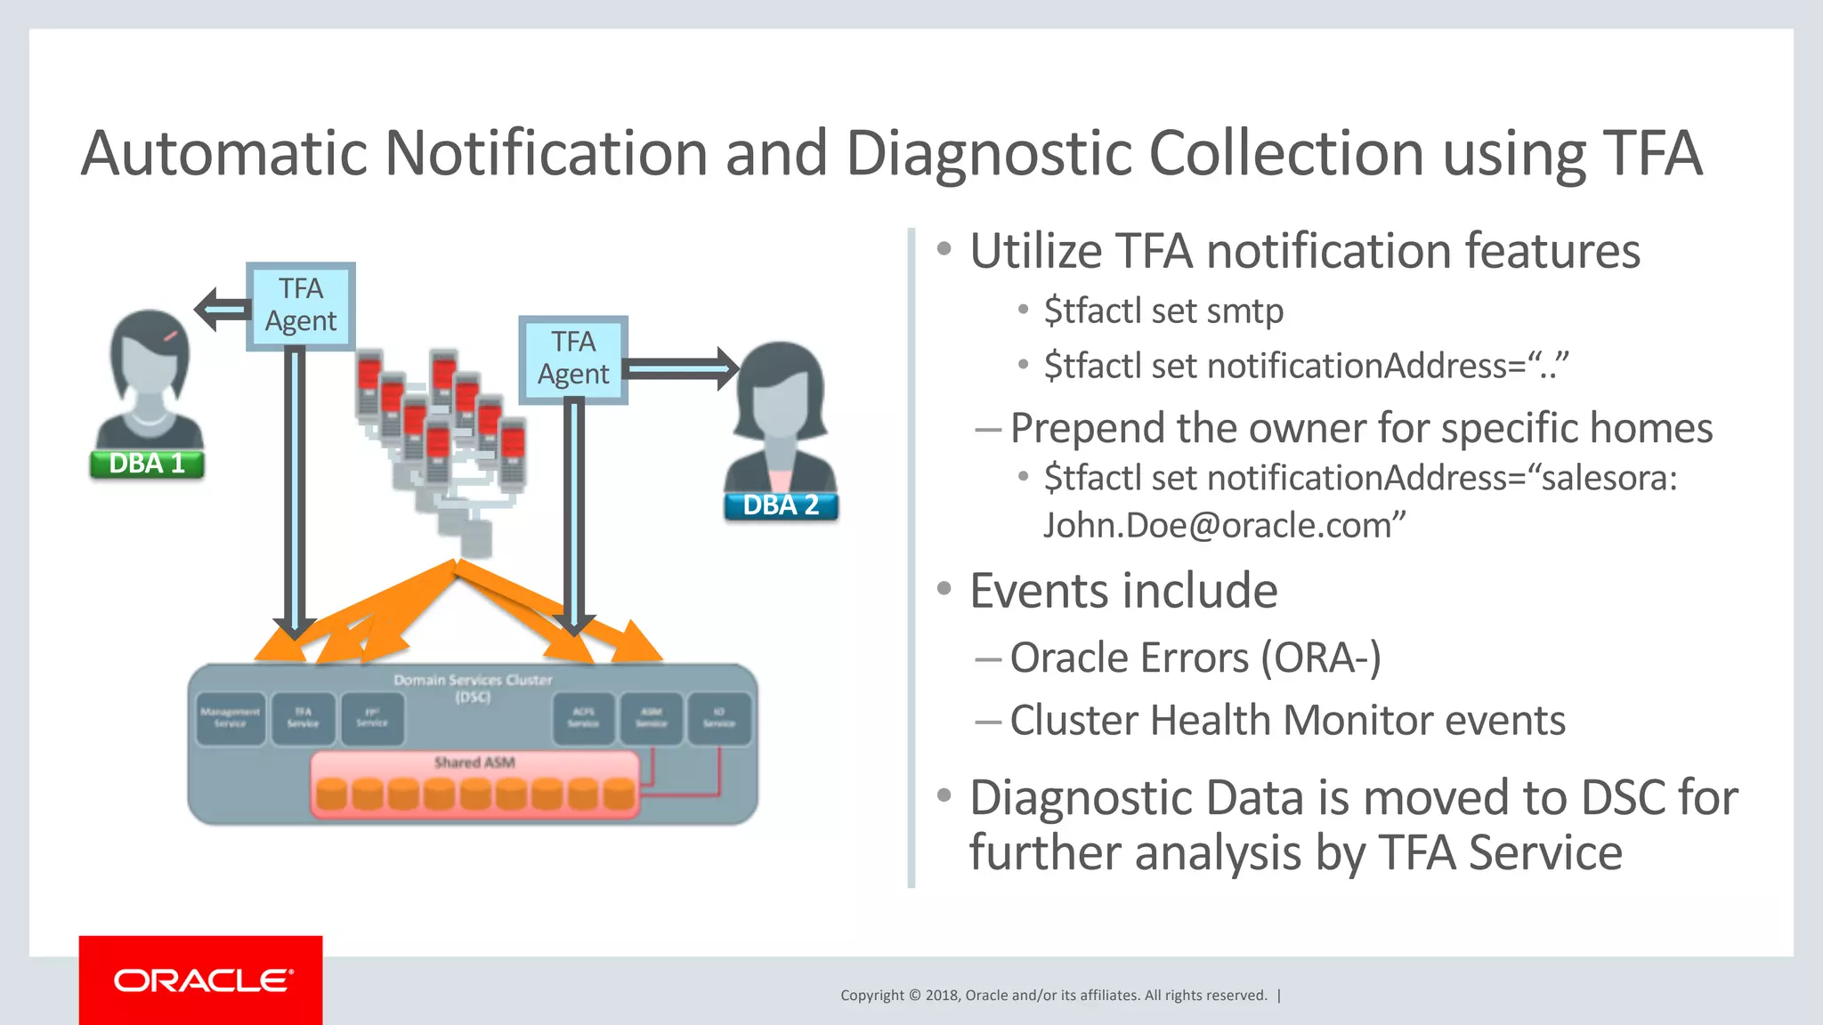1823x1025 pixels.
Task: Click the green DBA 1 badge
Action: [147, 464]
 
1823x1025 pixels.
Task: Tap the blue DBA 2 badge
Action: [781, 505]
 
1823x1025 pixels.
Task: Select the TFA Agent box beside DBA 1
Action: [301, 305]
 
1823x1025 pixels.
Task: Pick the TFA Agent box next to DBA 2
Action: [573, 359]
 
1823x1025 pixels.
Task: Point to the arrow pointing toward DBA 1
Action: [221, 309]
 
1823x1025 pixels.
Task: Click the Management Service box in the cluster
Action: [230, 718]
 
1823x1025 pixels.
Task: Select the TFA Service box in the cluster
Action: [303, 718]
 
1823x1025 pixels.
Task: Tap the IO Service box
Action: [719, 718]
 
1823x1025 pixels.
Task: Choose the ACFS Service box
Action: [583, 718]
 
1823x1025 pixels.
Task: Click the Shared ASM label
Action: [474, 763]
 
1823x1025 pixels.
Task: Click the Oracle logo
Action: [201, 981]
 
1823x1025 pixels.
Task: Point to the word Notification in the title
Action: [546, 153]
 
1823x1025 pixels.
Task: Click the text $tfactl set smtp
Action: [1163, 311]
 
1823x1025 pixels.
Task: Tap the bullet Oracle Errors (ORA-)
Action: [1195, 658]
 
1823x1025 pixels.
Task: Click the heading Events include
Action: [1123, 591]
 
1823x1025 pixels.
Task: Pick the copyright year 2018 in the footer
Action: [941, 996]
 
